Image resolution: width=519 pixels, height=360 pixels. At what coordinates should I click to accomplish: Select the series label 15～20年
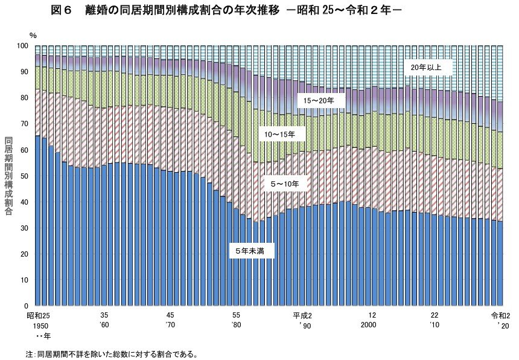tap(320, 99)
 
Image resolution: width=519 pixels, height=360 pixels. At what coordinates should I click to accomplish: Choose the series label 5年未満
tap(252, 249)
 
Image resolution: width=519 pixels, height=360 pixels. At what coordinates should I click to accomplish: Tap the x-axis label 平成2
tap(302, 316)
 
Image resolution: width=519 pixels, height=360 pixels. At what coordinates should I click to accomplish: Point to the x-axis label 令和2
tap(500, 316)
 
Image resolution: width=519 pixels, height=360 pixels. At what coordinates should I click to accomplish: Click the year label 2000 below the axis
tap(372, 325)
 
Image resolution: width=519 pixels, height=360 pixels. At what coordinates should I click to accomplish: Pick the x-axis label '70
tap(170, 325)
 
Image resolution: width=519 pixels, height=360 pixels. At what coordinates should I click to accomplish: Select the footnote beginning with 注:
tap(112, 354)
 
